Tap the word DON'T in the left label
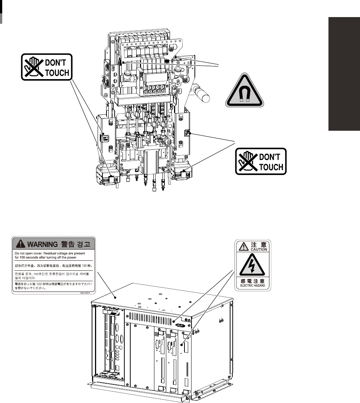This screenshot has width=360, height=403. pos(56,64)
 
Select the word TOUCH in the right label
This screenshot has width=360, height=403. pos(271,167)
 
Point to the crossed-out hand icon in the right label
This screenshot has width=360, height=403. pos(248,162)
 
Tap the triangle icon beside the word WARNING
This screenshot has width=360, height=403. pos(21,244)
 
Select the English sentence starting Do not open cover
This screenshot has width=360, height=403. pos(46,255)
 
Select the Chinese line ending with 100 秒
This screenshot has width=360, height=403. pos(52,266)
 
